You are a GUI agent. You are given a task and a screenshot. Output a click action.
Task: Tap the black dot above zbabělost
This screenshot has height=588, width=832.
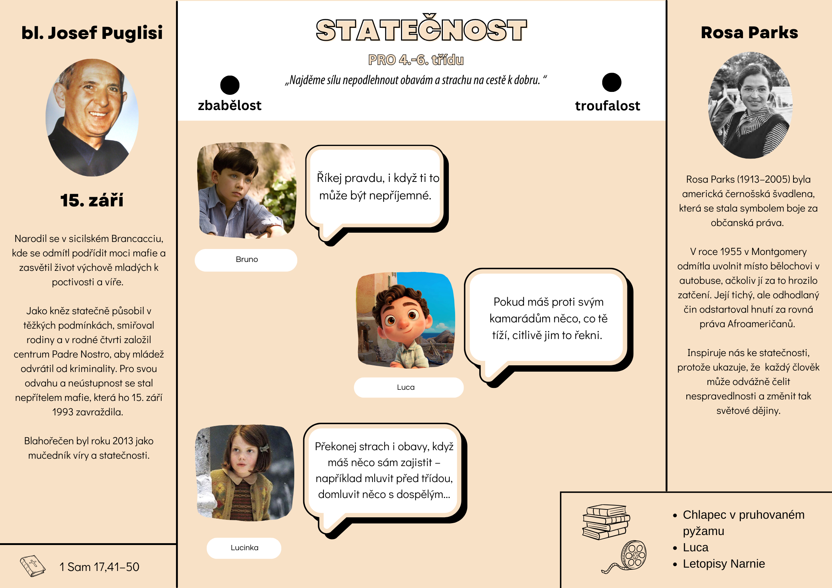point(230,85)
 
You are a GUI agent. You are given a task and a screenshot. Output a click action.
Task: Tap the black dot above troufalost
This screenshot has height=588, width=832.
point(611,82)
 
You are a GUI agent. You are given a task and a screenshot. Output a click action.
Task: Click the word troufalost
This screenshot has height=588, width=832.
point(607,106)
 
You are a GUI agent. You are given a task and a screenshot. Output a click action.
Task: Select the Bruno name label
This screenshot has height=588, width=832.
point(246,260)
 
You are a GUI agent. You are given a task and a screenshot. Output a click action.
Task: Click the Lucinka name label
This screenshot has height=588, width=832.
point(244,548)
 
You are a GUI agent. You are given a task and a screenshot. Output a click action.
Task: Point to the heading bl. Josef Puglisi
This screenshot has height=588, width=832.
point(92,33)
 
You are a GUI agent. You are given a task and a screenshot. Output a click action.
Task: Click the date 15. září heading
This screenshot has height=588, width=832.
point(92,200)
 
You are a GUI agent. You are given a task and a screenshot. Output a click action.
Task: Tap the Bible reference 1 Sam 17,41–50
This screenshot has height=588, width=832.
point(99,567)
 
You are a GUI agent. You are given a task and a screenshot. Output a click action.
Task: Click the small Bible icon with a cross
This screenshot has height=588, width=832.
point(33,566)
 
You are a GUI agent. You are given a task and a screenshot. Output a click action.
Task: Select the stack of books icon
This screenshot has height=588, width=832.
point(606,522)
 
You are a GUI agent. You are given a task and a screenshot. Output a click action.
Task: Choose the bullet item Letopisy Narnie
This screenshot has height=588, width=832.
point(723,564)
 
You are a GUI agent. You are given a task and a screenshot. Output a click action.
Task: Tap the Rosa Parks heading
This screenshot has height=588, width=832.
point(749,33)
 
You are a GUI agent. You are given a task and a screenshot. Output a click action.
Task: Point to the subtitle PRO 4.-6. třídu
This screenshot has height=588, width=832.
point(415,60)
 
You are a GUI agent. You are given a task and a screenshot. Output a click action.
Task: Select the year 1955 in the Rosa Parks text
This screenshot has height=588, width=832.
point(717,252)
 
